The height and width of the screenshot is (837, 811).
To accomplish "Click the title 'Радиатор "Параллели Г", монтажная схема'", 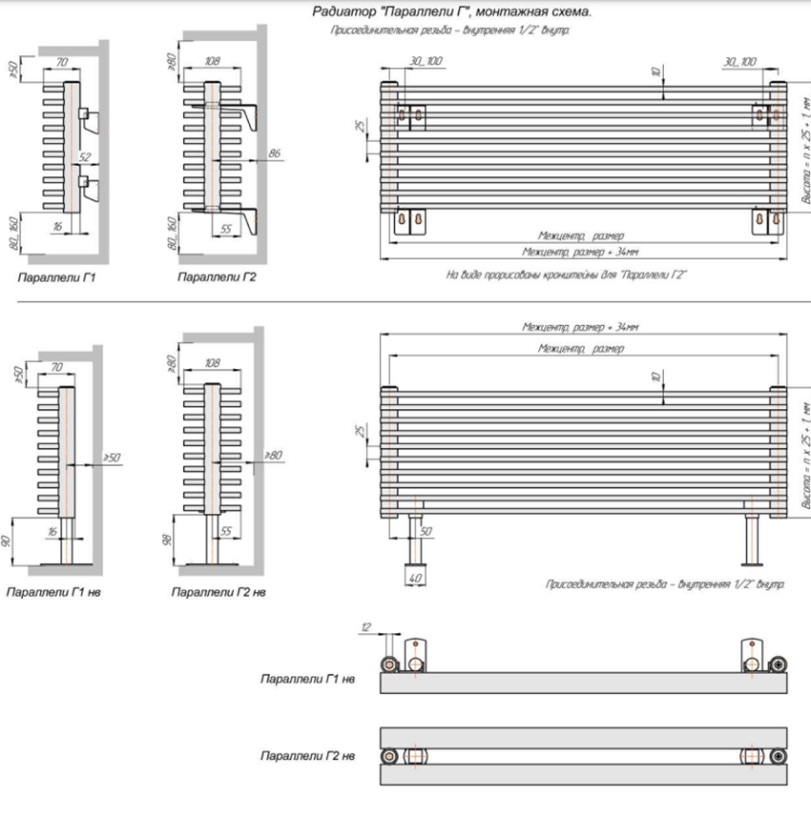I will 452,12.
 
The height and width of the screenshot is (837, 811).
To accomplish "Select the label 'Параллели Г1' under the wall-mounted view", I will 56,277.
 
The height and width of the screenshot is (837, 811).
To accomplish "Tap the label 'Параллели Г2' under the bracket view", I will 217,277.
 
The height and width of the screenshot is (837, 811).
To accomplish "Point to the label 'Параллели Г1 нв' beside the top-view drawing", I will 307,680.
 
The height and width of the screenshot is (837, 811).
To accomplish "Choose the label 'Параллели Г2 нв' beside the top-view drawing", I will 307,756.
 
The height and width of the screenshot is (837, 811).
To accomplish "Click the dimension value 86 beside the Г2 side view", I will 275,153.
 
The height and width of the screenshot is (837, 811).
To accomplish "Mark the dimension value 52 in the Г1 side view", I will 84,157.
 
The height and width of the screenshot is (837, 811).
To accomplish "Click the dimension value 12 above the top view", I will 366,625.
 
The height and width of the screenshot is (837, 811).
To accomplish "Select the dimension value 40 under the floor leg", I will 416,578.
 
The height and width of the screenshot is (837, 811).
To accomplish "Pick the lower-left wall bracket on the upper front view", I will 409,220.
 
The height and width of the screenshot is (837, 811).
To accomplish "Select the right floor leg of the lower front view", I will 751,540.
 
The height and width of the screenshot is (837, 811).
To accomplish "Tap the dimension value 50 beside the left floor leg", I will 426,530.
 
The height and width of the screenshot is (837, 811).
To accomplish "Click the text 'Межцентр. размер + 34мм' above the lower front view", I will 580,326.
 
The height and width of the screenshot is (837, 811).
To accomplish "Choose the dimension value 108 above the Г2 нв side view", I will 212,363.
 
